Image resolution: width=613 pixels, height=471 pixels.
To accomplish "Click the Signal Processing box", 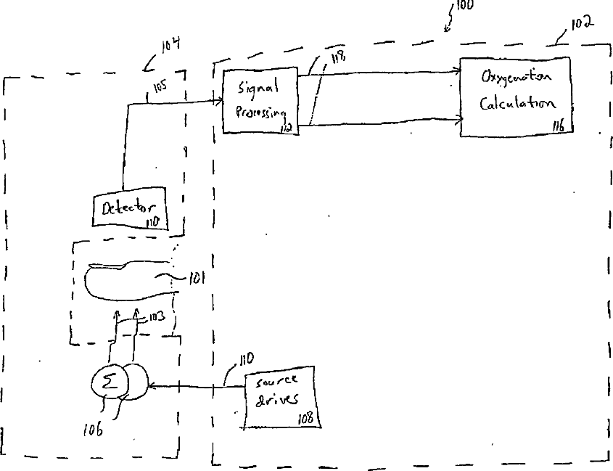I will click(x=260, y=101).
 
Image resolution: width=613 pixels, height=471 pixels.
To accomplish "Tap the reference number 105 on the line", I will click(x=160, y=89).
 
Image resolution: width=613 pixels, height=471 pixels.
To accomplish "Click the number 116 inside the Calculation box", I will click(x=558, y=126).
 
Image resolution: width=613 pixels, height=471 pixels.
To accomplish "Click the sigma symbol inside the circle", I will click(x=109, y=382).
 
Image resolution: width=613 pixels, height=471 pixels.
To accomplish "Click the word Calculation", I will click(x=516, y=102).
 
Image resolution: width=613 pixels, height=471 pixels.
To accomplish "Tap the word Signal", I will click(x=258, y=88).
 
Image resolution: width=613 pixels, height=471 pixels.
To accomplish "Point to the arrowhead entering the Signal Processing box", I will click(x=218, y=102).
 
